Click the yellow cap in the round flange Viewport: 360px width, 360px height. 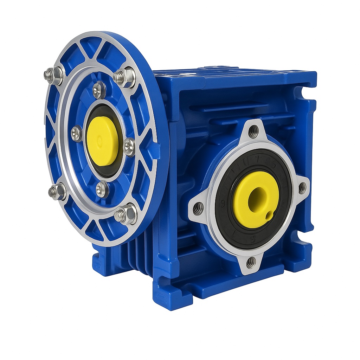click(102, 141)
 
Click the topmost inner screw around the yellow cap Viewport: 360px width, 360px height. click(99, 90)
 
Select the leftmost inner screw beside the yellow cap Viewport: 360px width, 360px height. click(77, 134)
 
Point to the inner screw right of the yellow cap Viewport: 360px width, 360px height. click(129, 147)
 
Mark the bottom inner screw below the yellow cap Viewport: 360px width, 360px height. click(102, 189)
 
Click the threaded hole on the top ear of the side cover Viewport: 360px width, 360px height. click(253, 131)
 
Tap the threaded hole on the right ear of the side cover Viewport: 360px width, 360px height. click(302, 188)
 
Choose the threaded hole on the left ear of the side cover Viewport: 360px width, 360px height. click(198, 209)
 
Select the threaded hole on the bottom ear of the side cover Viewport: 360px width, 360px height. click(251, 262)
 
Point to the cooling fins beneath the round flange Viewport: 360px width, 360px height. click(137, 253)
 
